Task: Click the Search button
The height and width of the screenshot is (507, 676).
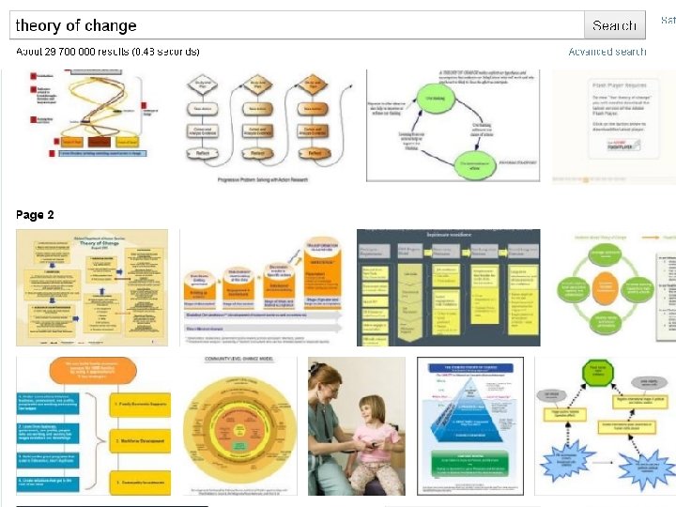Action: (615, 25)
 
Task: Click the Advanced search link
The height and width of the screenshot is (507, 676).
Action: (607, 52)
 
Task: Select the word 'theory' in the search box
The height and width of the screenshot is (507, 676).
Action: (36, 25)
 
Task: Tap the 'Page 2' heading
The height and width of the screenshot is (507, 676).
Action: (35, 215)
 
